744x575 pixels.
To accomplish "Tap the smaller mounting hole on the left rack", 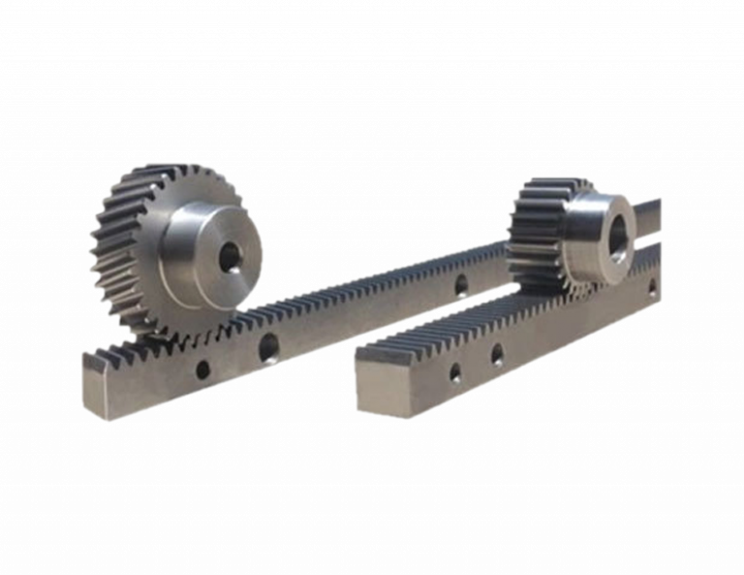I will click(201, 367).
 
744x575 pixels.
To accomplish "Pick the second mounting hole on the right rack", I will click(496, 349).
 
